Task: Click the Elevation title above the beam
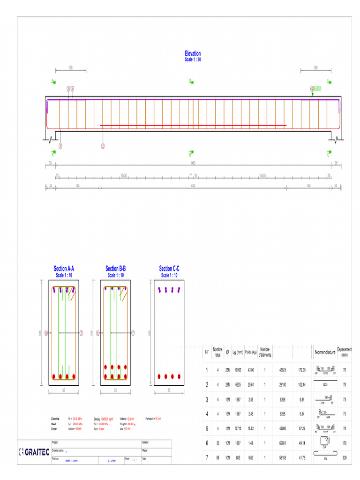(x=193, y=54)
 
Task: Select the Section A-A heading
(x=64, y=269)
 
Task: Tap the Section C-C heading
(x=169, y=269)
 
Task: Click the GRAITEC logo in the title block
(x=34, y=452)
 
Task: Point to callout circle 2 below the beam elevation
(x=103, y=146)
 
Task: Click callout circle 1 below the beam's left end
(x=60, y=146)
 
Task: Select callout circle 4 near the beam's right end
(x=312, y=88)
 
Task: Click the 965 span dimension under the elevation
(x=193, y=163)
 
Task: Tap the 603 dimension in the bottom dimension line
(x=193, y=186)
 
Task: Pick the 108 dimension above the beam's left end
(x=70, y=68)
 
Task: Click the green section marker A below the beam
(x=53, y=153)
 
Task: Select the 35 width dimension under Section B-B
(x=115, y=390)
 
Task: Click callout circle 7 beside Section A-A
(x=81, y=333)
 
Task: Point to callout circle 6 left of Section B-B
(x=98, y=333)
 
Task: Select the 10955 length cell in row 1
(x=238, y=370)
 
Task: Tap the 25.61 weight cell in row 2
(x=250, y=384)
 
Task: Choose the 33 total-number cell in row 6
(x=217, y=443)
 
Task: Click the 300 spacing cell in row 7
(x=345, y=457)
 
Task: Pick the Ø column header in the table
(x=227, y=352)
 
